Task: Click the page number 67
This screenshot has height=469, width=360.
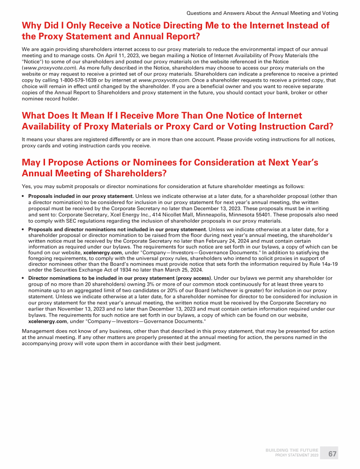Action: (x=332, y=454)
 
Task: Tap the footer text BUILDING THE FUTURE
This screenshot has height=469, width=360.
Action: (x=292, y=450)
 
